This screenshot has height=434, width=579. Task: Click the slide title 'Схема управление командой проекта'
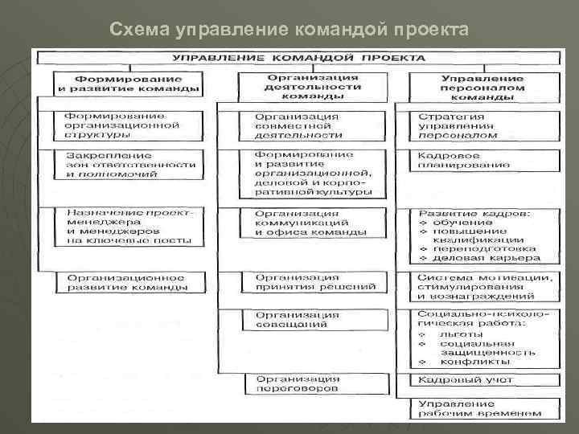click(x=288, y=30)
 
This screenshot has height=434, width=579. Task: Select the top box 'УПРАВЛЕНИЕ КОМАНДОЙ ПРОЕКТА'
click(x=295, y=59)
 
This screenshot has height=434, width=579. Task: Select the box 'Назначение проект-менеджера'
click(x=126, y=225)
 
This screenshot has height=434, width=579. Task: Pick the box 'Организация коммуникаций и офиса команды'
click(x=310, y=223)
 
